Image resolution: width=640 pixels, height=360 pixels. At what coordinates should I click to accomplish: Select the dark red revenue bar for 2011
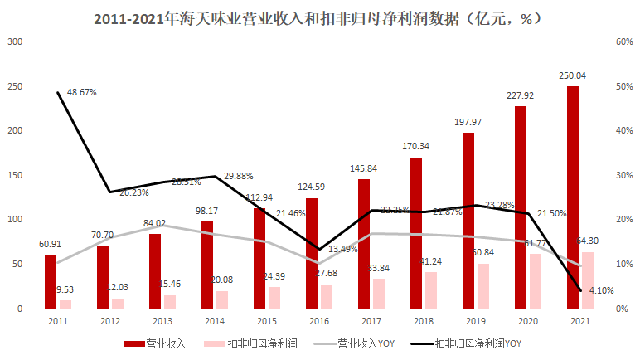51,281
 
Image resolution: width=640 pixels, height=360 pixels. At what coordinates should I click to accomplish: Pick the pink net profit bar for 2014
221,299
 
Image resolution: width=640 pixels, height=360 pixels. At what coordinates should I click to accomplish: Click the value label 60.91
51,245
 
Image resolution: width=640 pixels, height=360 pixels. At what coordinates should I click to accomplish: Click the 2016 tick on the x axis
319,321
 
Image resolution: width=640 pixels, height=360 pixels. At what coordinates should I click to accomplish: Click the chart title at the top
319,16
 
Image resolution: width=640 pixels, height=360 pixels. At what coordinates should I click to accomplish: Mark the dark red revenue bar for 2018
416,232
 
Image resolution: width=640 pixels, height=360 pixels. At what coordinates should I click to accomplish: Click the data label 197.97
468,122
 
